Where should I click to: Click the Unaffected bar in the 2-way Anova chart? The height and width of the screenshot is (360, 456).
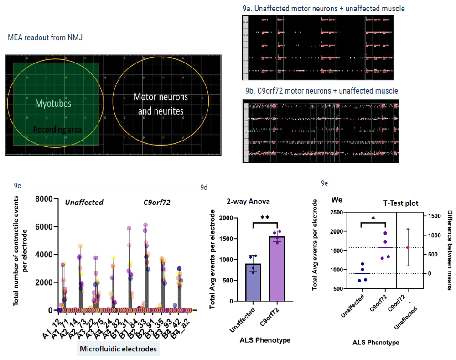[254, 283]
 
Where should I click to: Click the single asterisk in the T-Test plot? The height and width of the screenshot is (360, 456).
[373, 218]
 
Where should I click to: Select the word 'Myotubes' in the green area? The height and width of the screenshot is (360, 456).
[53, 104]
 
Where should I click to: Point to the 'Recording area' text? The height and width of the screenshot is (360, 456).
[57, 130]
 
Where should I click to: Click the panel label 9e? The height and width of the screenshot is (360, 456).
[324, 183]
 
